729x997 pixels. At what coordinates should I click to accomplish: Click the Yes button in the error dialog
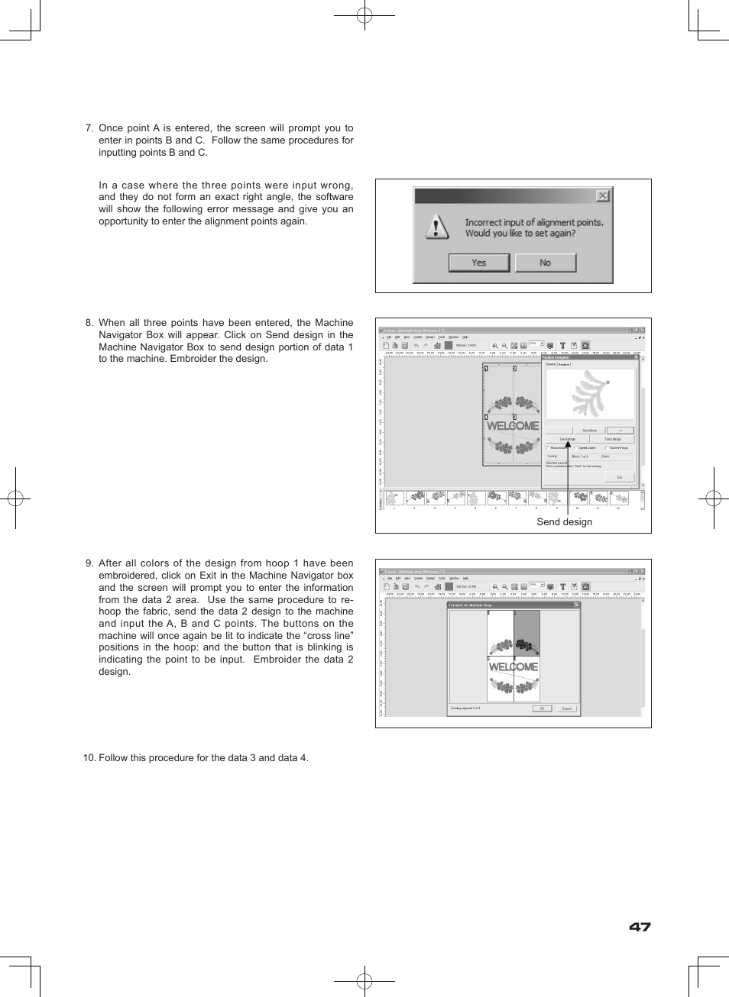tap(478, 263)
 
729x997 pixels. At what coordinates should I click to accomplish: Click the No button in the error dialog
tap(545, 263)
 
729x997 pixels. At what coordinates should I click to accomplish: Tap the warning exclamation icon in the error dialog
tap(436, 227)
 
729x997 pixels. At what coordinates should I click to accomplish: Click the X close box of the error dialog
tap(602, 196)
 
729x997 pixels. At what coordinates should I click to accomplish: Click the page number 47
tap(640, 927)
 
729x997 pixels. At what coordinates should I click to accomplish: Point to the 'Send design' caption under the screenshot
tap(564, 522)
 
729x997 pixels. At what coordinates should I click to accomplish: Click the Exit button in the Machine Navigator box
tap(619, 477)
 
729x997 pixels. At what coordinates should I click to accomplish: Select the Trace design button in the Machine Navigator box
tap(612, 439)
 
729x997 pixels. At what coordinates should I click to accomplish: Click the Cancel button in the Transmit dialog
tap(566, 708)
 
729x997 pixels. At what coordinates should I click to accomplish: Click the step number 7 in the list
tap(89, 128)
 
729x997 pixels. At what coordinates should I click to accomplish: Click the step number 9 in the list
tap(89, 563)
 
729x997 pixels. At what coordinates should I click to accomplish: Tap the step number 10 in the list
tap(89, 758)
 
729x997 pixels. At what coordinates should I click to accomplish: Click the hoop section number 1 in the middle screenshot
tap(487, 369)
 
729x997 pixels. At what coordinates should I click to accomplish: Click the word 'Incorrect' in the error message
tap(483, 223)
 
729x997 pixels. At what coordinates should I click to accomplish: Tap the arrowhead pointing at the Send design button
tap(568, 444)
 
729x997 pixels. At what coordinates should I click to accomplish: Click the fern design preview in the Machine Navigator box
tap(591, 392)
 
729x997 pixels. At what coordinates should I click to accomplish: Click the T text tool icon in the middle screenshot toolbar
tap(562, 346)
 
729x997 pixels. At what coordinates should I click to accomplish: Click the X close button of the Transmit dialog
tap(576, 605)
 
